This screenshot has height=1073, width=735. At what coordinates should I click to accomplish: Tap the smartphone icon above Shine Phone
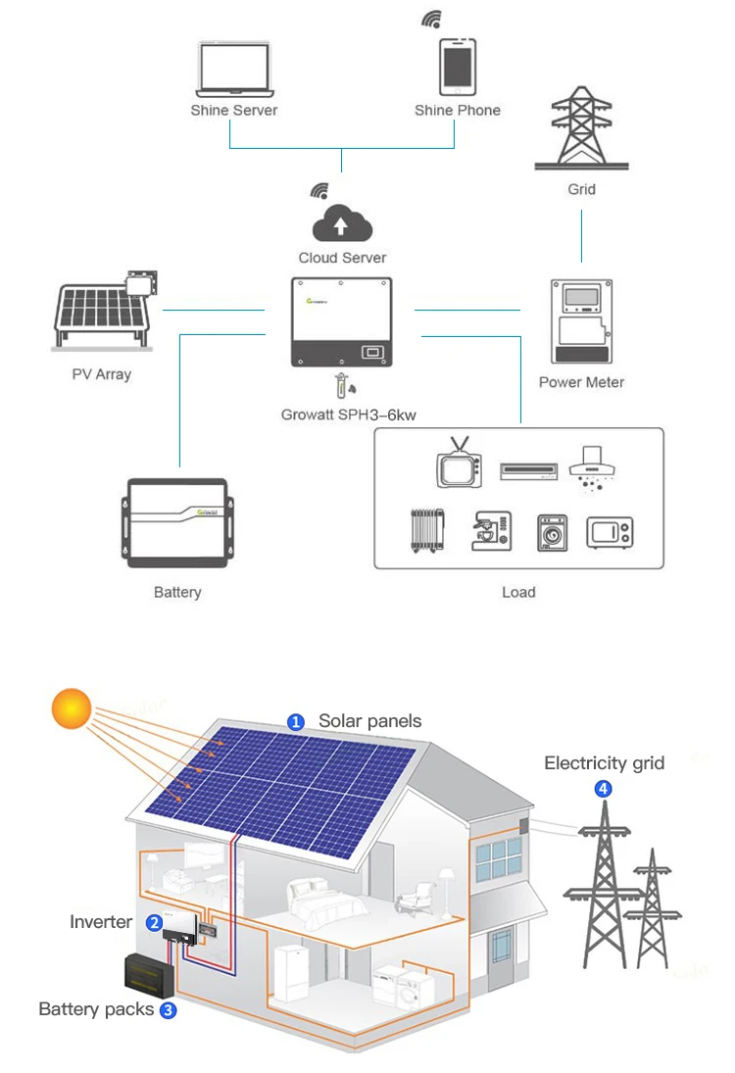click(x=457, y=67)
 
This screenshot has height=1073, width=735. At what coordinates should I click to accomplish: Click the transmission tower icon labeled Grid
click(x=581, y=127)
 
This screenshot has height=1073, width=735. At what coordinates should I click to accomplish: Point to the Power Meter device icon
click(x=581, y=321)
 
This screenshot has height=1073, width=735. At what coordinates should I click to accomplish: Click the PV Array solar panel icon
click(x=103, y=313)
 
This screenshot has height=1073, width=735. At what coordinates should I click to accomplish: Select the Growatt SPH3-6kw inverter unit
click(x=342, y=322)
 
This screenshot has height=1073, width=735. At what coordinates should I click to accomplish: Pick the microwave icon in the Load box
click(x=610, y=532)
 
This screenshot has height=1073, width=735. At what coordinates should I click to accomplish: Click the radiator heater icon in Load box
click(x=427, y=530)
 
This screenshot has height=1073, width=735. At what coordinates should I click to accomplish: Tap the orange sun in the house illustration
click(x=72, y=708)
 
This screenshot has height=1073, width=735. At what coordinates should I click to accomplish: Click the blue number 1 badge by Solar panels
click(x=295, y=722)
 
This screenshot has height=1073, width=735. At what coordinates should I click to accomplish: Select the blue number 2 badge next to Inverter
click(x=154, y=922)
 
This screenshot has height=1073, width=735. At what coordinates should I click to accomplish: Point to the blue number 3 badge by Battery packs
click(x=168, y=1010)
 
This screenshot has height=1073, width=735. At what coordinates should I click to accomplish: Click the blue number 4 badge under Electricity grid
click(x=604, y=788)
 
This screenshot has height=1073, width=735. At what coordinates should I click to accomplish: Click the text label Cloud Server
click(x=342, y=258)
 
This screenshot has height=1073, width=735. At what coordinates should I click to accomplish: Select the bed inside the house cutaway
click(x=318, y=899)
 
